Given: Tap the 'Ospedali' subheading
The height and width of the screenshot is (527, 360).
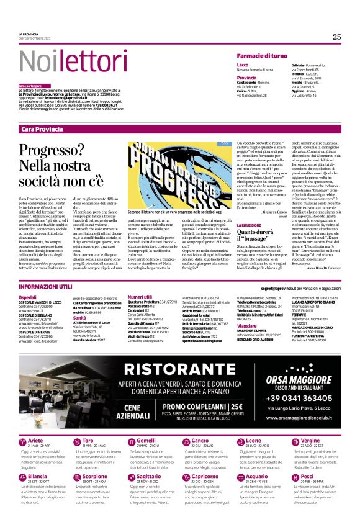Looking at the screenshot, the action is point(28,297).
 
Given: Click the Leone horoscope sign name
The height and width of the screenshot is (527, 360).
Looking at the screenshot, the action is point(245,441).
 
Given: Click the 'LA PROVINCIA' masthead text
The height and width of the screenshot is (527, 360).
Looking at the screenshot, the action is point(28,34).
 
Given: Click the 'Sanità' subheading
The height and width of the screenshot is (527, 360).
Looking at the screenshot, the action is point(79,317).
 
